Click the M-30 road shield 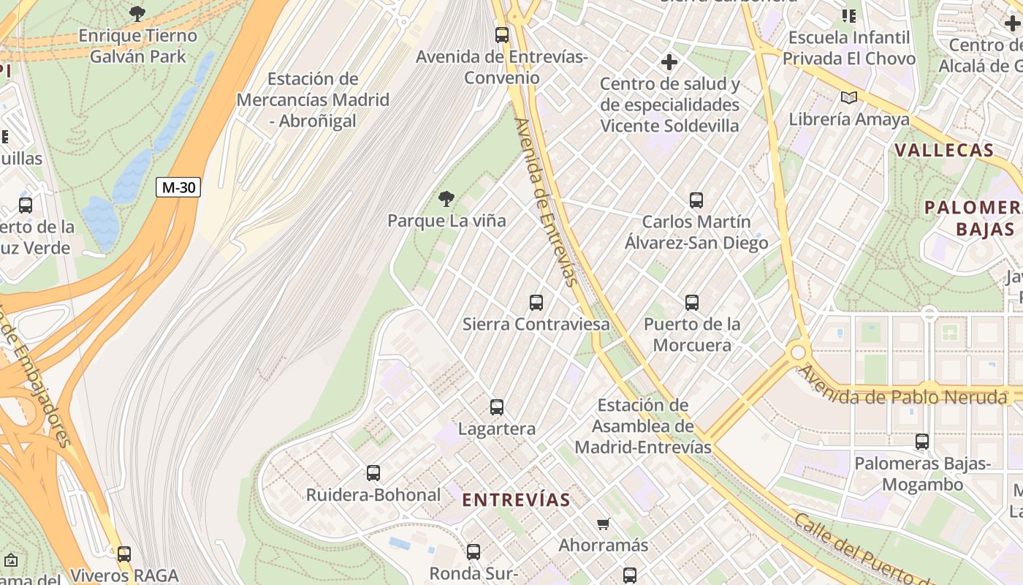click(x=178, y=187)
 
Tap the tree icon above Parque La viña click(x=446, y=198)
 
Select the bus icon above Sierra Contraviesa click(x=536, y=302)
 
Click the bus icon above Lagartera click(x=497, y=407)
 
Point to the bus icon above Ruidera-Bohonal click(x=373, y=473)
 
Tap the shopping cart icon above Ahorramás click(x=604, y=524)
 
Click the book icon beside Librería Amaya click(x=848, y=97)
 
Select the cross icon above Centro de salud click(x=669, y=63)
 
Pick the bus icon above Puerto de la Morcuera click(x=692, y=302)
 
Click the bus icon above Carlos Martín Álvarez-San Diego click(x=696, y=200)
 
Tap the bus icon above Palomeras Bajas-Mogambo click(x=922, y=442)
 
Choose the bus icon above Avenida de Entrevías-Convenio click(x=502, y=34)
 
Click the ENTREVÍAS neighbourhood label click(x=517, y=500)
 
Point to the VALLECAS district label click(x=944, y=151)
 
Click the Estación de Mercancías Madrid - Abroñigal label click(x=313, y=99)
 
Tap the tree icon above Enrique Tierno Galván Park click(x=137, y=13)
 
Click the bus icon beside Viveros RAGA click(x=124, y=554)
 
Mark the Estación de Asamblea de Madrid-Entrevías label click(x=643, y=426)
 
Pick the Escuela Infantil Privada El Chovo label click(x=849, y=48)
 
